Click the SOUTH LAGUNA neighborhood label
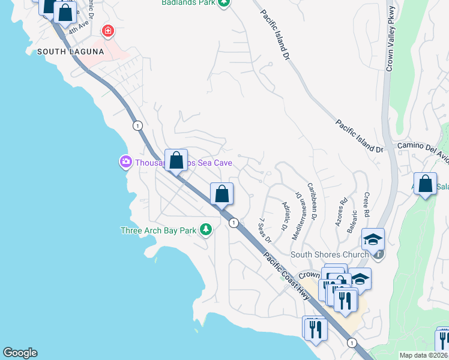coord(71,52)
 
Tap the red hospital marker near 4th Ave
coord(108,30)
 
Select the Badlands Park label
coord(188,3)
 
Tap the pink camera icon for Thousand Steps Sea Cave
coord(125,162)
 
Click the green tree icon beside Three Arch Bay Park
coord(206,230)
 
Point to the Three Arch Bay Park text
coord(159,230)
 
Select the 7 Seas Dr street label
coord(265,230)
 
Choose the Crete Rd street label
coord(367,205)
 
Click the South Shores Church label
coord(329,254)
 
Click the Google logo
coord(20,353)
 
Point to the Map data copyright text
coord(423,355)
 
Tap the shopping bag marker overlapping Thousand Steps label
coord(176,160)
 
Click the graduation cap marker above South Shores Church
coord(373,239)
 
